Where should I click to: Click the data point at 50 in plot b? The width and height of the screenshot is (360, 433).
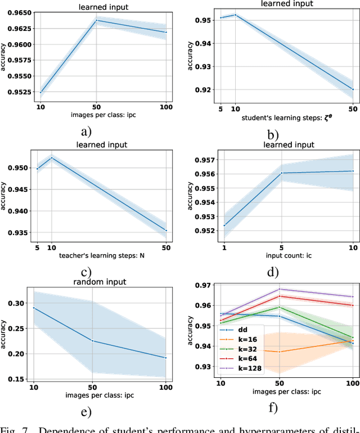coord(353,89)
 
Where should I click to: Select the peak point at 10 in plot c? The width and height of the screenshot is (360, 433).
coord(52,157)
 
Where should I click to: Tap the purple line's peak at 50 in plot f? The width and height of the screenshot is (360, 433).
coord(279,289)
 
